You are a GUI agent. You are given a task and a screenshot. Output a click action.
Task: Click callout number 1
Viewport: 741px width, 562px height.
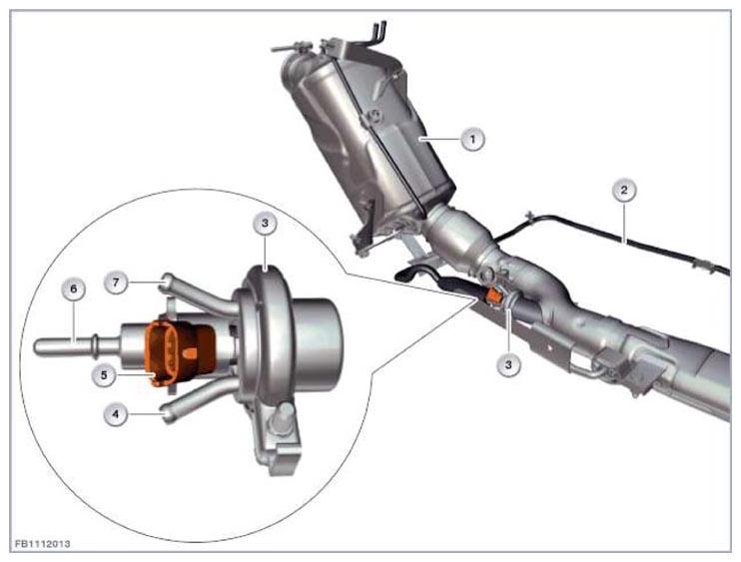472,139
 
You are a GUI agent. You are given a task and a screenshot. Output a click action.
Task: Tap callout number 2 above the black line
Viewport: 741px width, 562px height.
624,191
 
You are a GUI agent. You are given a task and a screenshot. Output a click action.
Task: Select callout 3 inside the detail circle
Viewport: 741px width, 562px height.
265,223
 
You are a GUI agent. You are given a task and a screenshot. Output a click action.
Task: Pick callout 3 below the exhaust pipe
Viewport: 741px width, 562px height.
508,364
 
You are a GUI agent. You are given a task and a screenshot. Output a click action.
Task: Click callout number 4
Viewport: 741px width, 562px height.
116,414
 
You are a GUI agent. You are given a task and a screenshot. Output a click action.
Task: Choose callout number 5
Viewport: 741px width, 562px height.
104,375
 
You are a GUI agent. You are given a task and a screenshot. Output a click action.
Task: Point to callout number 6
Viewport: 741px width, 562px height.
73,288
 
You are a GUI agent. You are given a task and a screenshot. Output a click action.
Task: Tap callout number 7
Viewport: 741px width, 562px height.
116,282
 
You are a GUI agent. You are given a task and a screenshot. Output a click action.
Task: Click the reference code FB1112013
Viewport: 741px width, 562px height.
43,544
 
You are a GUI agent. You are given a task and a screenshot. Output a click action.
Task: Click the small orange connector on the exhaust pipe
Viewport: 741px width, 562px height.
494,296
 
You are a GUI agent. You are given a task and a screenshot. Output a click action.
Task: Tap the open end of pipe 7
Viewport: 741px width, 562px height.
165,281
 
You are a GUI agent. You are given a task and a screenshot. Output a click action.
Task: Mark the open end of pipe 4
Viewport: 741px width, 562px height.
167,415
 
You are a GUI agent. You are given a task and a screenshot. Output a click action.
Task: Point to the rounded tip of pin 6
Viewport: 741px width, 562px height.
37,346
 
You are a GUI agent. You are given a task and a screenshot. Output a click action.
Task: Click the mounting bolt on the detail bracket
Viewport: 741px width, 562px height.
283,416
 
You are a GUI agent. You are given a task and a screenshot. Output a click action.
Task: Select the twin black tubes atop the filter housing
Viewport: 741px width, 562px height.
377,33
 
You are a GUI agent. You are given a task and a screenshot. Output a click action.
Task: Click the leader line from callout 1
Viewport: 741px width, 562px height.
440,139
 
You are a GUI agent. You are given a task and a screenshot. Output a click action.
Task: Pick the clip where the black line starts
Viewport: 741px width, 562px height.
530,218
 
